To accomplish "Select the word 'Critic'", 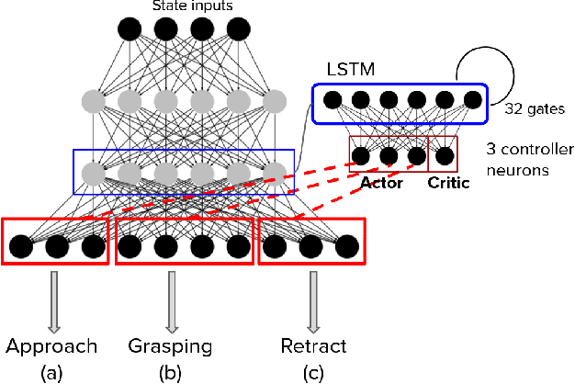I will point(448,184).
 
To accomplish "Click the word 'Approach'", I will point(51,345).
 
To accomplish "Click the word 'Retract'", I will point(314,345).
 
